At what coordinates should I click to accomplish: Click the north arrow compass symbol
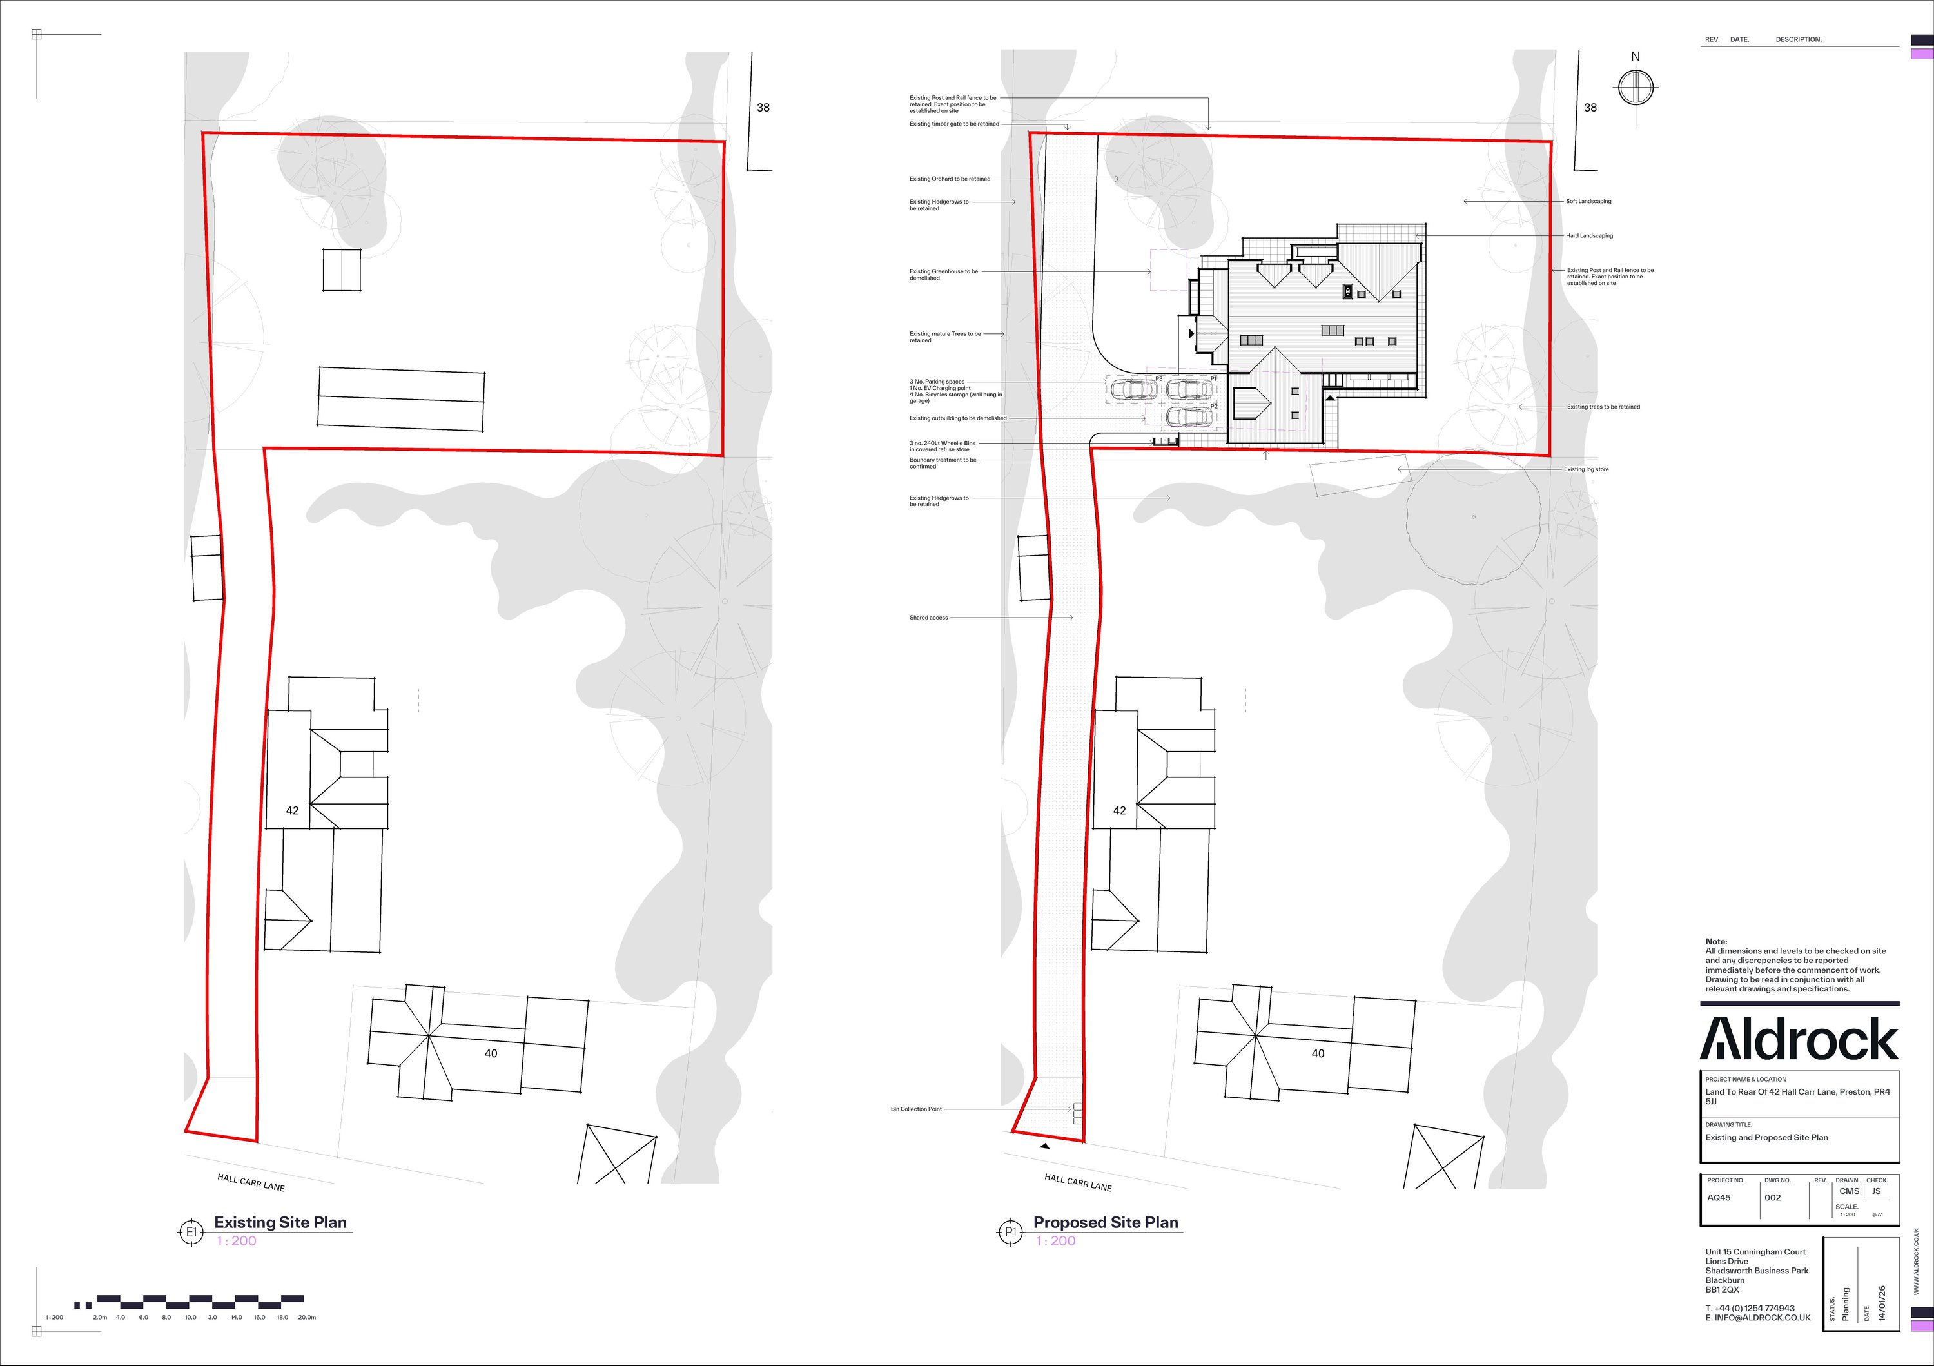(x=1635, y=87)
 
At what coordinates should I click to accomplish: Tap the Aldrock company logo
(x=1799, y=1039)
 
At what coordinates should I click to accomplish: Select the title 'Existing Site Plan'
(x=280, y=1222)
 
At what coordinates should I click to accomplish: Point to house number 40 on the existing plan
(x=490, y=1053)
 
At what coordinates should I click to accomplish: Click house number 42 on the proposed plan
(x=1118, y=810)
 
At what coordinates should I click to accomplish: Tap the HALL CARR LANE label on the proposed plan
(x=1077, y=1182)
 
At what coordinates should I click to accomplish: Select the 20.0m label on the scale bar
(x=307, y=1317)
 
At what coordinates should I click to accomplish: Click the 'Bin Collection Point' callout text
(x=915, y=1109)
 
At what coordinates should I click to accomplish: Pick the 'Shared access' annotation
(x=928, y=618)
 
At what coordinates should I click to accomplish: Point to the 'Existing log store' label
(x=1586, y=469)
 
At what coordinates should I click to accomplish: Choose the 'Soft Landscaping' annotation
(x=1588, y=201)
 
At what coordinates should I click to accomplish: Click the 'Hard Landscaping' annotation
(x=1588, y=236)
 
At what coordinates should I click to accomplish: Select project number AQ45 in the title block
(x=1719, y=1198)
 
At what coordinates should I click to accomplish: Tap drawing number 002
(x=1772, y=1198)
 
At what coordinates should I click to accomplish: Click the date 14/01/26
(x=1882, y=1303)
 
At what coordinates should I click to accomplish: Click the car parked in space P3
(x=1134, y=389)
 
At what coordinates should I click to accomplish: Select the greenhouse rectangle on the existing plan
(x=342, y=269)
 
